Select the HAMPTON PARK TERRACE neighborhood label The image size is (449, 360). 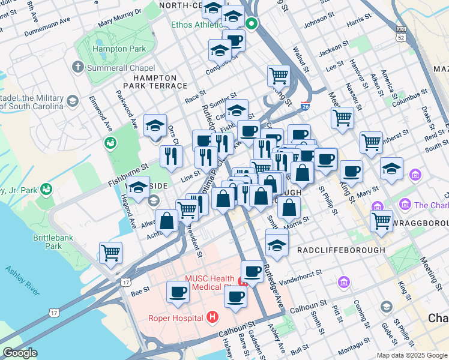tap(155, 82)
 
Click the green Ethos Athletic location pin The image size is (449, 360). tap(252, 25)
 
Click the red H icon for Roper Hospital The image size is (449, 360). tap(211, 316)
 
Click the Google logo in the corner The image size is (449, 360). tap(20, 353)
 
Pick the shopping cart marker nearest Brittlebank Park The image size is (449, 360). tap(110, 252)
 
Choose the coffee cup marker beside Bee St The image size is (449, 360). tap(178, 291)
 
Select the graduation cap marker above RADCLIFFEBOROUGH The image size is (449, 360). tap(277, 244)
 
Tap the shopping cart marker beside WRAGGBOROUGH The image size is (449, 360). tap(381, 220)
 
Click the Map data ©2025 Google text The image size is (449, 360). tap(411, 355)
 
